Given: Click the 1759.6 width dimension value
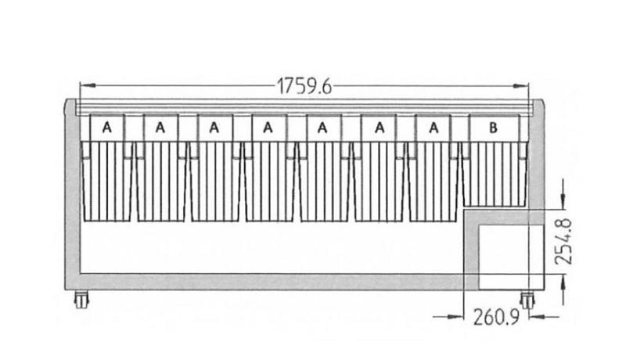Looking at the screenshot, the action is click(304, 86).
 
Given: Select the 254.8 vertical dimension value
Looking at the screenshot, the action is click(563, 242).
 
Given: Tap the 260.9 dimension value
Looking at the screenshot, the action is click(496, 317).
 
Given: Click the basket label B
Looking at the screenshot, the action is click(493, 128).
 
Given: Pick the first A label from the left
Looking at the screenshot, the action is click(106, 128).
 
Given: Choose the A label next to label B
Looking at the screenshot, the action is click(434, 128).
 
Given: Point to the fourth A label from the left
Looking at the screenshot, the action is click(268, 128).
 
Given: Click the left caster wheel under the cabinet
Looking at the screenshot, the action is click(81, 299).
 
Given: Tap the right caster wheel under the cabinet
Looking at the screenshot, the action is click(527, 301).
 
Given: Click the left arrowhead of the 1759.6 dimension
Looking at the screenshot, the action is click(88, 85).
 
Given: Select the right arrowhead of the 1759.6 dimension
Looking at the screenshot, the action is click(520, 85).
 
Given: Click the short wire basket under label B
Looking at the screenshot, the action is click(495, 174).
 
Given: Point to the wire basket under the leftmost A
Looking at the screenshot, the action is click(107, 182).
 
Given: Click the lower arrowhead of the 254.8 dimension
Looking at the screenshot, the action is click(563, 283).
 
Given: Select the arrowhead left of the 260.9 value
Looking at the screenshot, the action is click(456, 317).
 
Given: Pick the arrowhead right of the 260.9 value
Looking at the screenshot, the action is click(537, 317).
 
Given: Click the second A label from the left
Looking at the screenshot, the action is click(160, 128).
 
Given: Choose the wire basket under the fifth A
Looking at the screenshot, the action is click(324, 182).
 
